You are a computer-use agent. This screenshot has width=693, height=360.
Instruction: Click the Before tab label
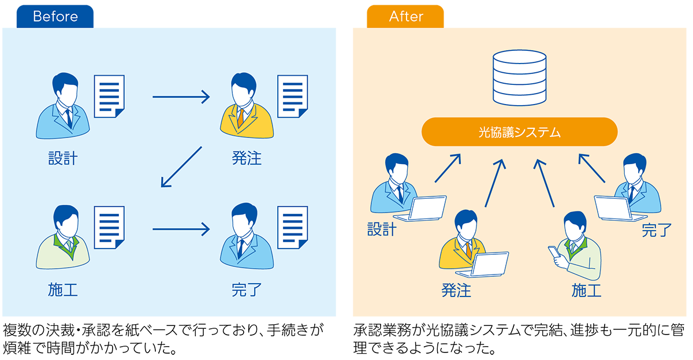pos(55,17)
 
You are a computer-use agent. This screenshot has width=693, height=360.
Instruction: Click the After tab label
pos(407,17)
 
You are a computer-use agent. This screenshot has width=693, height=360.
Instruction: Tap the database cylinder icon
pos(519,77)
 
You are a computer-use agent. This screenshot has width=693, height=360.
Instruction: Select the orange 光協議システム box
pos(519,132)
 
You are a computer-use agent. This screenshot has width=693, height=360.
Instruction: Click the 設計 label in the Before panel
pos(63,158)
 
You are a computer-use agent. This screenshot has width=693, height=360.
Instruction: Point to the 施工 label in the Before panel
pos(63,290)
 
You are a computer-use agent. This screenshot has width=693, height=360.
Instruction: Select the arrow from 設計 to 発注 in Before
pos(181,97)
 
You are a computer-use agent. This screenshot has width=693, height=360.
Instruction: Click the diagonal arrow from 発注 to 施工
pos(181,168)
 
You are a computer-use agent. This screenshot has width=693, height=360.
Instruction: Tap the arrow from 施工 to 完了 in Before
pos(181,229)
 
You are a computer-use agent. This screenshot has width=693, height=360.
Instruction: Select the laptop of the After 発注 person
pos(490,265)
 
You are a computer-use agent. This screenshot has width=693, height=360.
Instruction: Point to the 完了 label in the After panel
pos(657,231)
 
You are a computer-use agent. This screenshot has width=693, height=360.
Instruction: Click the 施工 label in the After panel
pos(586,290)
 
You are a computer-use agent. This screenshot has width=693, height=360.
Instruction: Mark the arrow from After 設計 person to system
pos(448,168)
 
